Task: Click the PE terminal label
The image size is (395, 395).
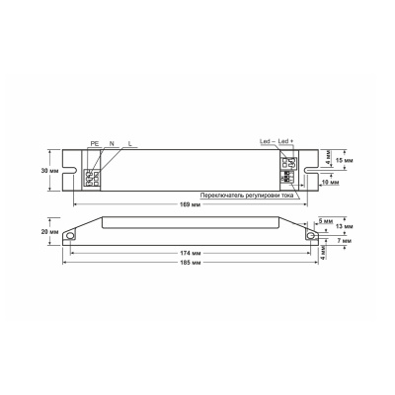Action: (95, 143)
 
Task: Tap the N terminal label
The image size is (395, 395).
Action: (113, 143)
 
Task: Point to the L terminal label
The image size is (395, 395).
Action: (130, 143)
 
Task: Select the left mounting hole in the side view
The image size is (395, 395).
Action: (73, 236)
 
